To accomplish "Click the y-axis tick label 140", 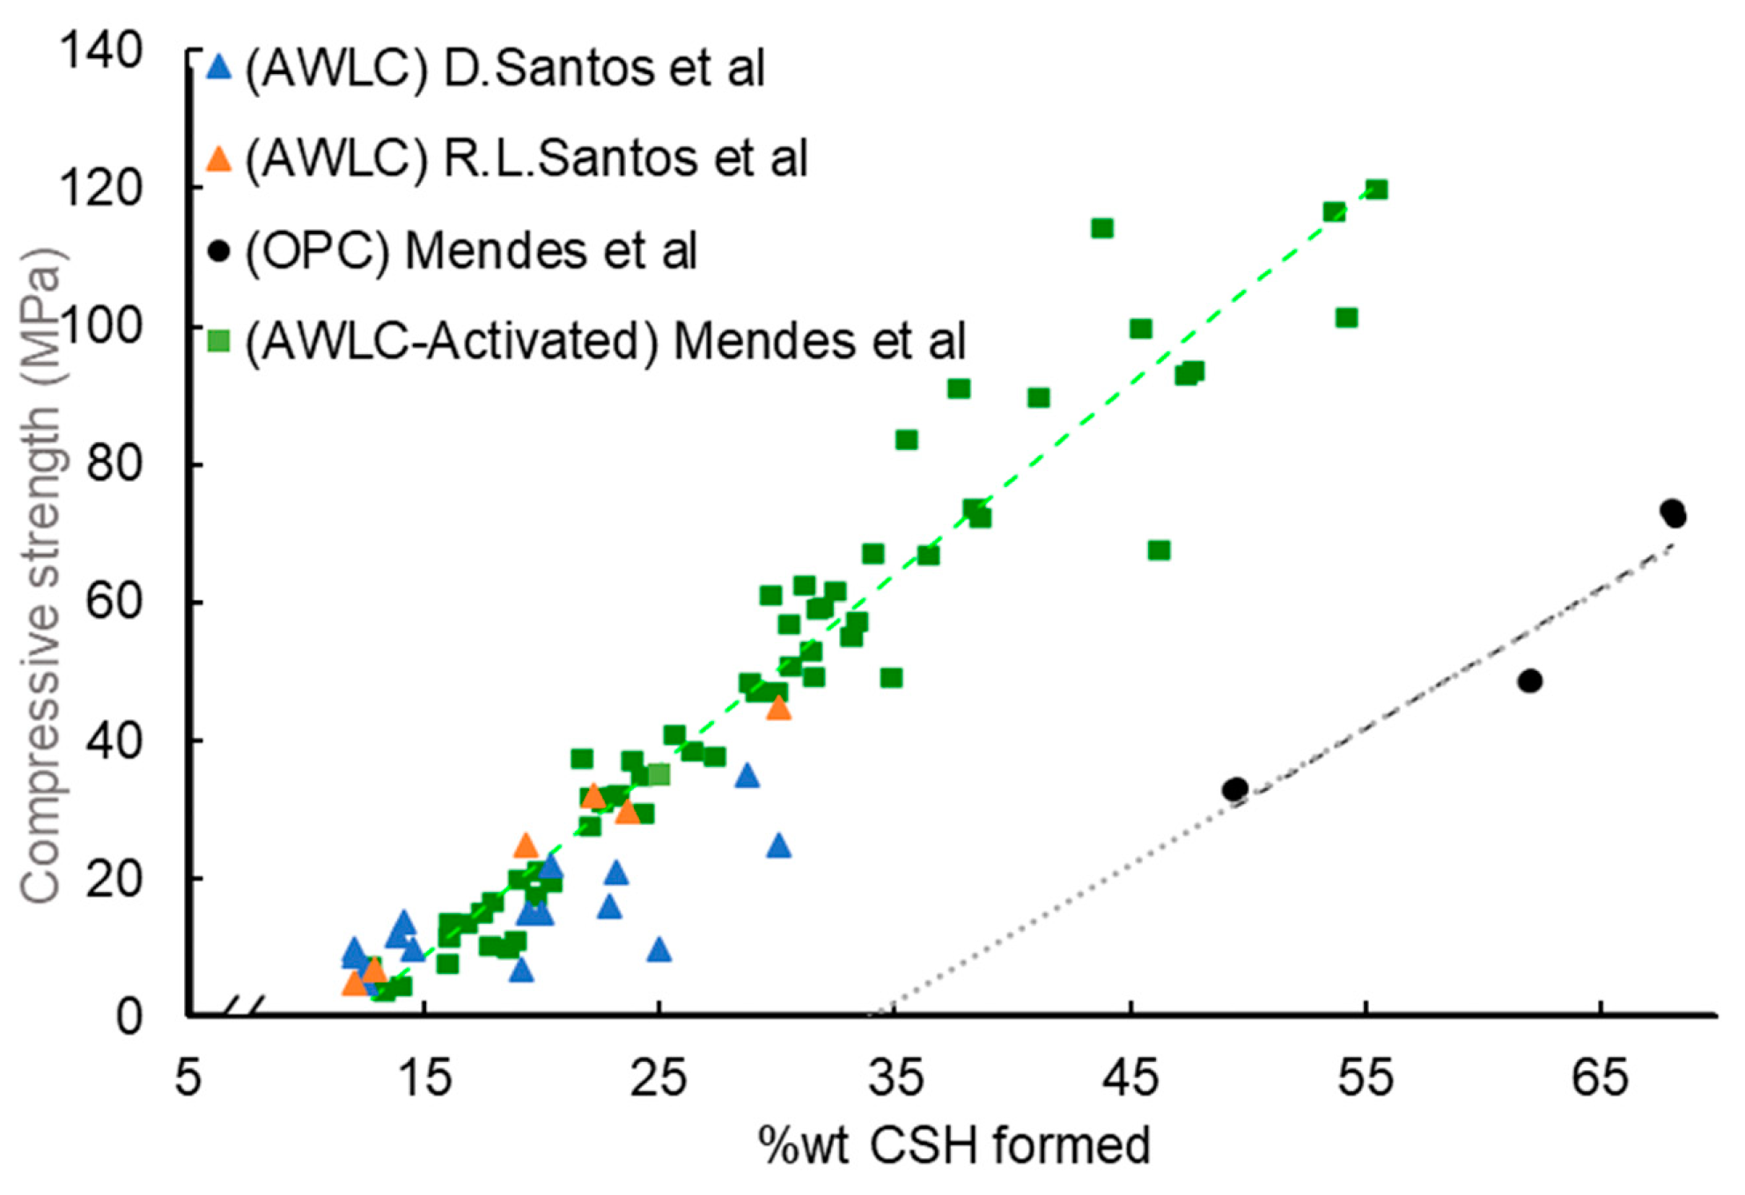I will click(100, 50).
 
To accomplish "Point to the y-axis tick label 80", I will click(114, 464).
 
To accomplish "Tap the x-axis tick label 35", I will click(895, 1077).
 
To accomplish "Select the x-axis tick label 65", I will click(1599, 1077).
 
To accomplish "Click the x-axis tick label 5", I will click(188, 1077).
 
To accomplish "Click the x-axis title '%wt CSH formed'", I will click(953, 1146).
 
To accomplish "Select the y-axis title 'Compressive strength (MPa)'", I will click(41, 577).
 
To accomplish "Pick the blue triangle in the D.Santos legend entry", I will click(218, 67).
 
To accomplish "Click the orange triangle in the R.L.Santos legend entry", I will click(218, 159).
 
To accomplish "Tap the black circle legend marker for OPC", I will click(218, 251).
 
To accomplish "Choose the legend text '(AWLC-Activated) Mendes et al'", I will click(605, 342).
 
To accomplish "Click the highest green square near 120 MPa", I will click(1377, 189).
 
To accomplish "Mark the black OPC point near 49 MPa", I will click(1530, 681).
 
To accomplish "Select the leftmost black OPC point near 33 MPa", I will click(1235, 789).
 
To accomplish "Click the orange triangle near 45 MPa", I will click(778, 708).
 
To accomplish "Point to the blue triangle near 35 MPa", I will click(747, 776).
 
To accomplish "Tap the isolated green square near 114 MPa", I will click(1102, 228).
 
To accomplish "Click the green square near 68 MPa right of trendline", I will click(1159, 550).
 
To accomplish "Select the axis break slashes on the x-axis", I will click(244, 1006).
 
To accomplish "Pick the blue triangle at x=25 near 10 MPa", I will click(659, 949).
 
